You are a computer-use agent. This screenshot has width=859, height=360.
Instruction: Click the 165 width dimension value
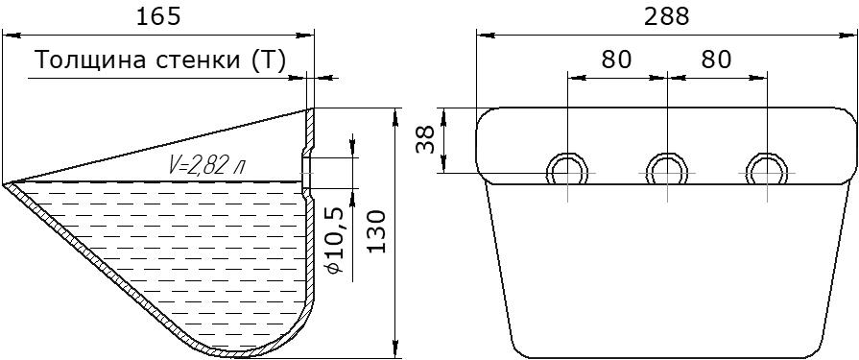click(157, 17)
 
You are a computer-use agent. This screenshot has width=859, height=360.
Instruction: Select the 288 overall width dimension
click(667, 17)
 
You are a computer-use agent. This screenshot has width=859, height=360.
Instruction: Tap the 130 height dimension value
click(377, 231)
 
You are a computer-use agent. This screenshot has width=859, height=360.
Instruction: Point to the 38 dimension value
click(426, 140)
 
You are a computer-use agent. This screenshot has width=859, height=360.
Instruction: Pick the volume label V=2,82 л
click(203, 165)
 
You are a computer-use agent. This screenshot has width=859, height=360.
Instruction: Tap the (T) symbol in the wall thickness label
click(269, 60)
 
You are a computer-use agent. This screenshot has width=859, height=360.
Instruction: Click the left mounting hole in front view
click(567, 170)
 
